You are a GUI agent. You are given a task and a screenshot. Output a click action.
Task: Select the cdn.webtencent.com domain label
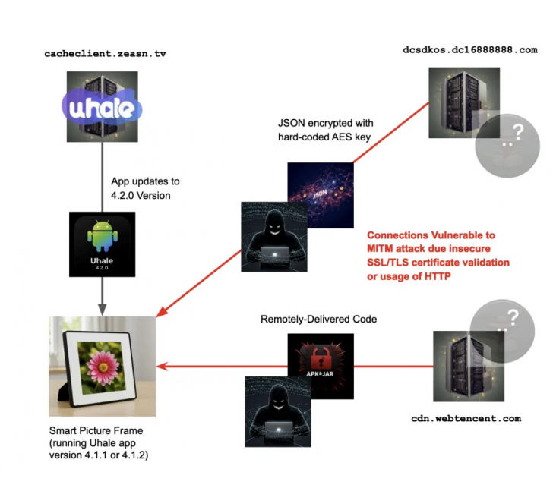tap(466, 418)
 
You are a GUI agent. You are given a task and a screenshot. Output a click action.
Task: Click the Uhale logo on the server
tap(102, 109)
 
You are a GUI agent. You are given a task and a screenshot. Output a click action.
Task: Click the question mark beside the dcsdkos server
tap(517, 134)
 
